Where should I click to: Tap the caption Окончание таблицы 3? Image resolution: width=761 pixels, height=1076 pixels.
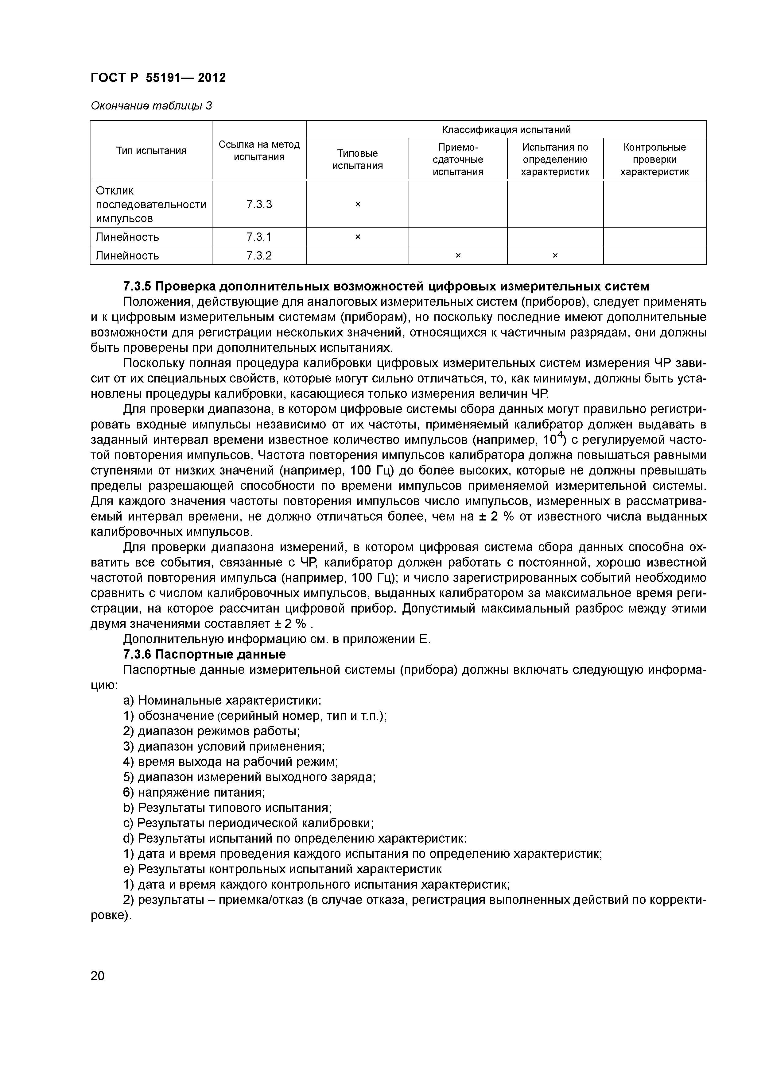point(151,106)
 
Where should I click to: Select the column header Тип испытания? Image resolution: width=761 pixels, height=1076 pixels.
point(151,150)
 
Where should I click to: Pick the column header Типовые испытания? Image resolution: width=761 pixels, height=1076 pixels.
point(357,159)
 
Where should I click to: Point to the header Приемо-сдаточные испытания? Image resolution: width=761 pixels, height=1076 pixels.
point(458,159)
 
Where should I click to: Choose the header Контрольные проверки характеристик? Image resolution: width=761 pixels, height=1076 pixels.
point(654,159)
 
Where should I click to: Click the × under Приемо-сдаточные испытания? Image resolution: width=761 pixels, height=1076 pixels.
point(458,256)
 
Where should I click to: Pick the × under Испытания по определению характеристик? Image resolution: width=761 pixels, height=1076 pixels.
point(555,256)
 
